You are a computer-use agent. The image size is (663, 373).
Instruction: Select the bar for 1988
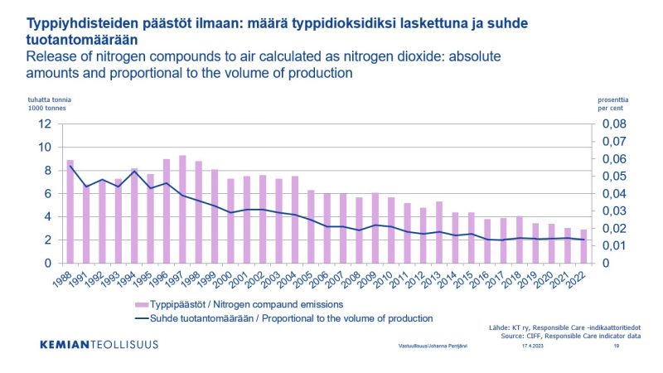[70, 211]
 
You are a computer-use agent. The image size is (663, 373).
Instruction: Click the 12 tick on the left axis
[46, 124]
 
